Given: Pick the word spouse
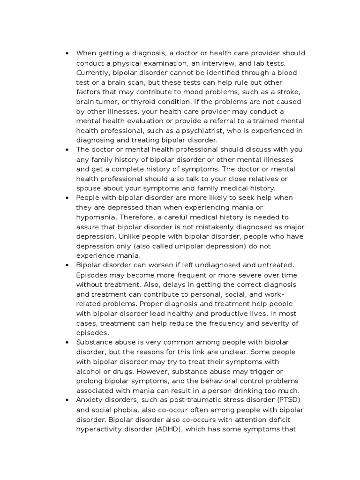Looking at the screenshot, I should point(90,188).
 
